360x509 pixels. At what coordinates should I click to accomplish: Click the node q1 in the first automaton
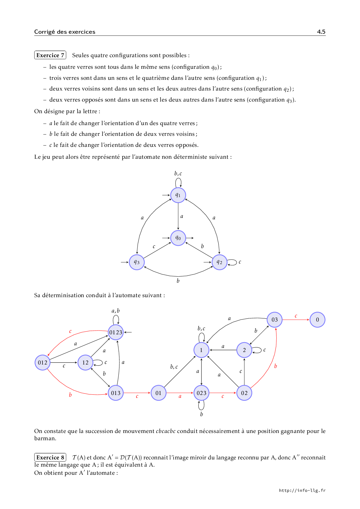178,195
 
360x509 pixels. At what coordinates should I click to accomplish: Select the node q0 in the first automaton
178,238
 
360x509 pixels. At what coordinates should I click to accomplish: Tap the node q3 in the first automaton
136,262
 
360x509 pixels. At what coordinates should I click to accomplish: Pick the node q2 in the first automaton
219,262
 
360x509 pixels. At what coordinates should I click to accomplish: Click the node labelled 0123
116,332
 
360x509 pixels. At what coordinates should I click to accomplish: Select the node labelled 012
42,362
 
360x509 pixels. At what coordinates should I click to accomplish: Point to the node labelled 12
85,362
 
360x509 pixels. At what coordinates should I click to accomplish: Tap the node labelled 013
116,393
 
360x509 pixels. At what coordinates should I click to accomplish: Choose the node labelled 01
159,393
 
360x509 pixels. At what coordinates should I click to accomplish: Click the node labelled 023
201,393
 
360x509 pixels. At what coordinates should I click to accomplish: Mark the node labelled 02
244,393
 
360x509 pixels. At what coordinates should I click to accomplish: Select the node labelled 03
275,320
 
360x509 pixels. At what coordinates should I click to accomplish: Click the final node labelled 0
317,320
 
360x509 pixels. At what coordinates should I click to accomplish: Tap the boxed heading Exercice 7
50,55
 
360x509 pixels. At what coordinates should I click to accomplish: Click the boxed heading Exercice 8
50,457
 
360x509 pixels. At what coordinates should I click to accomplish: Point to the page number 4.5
321,32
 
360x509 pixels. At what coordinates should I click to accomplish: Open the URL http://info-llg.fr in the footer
302,490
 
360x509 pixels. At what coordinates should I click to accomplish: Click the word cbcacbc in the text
165,431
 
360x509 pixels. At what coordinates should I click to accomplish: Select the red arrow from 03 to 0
296,320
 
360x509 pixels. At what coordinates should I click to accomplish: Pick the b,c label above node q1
178,174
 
